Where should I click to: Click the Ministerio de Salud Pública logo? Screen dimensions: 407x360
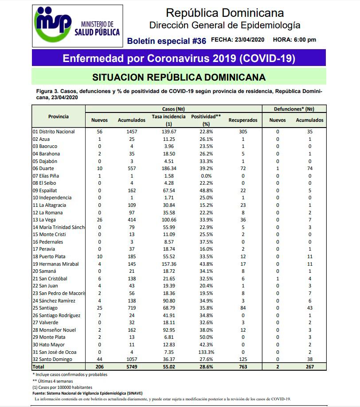point(78,27)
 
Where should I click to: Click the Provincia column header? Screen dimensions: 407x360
point(58,116)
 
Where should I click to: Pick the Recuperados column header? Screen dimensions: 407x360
point(243,120)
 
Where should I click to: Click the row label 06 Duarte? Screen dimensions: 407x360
point(46,168)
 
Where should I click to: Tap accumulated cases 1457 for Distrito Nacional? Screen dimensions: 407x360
point(131,132)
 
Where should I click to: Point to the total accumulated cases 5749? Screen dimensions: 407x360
point(131,367)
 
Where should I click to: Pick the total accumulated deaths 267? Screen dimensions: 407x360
point(309,367)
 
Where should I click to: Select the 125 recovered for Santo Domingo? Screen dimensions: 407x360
point(243,360)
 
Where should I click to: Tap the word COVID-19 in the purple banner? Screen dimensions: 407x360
point(267,58)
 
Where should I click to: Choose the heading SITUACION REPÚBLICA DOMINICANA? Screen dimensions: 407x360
point(179,77)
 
